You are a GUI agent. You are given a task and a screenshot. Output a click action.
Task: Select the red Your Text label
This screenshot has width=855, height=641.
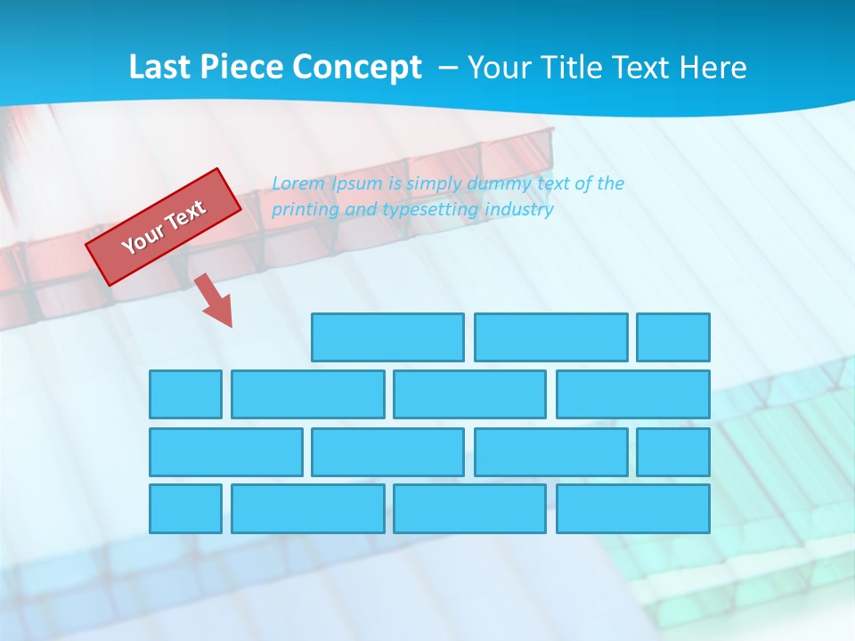(164, 227)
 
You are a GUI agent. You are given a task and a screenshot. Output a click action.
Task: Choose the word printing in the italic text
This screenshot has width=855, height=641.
(305, 210)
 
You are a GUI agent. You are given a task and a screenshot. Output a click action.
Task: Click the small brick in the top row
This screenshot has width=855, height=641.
(673, 337)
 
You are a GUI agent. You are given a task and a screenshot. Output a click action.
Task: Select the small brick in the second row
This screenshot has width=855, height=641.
(185, 394)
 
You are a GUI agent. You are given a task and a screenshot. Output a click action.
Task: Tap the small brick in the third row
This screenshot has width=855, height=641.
(673, 452)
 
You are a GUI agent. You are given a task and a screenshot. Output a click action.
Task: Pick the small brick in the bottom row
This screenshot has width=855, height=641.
(185, 509)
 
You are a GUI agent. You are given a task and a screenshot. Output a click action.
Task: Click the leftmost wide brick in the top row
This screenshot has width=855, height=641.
(387, 337)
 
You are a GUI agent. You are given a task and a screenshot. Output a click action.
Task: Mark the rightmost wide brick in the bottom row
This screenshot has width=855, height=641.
(633, 509)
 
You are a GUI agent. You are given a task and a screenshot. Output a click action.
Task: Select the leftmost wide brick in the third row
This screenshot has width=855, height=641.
(225, 452)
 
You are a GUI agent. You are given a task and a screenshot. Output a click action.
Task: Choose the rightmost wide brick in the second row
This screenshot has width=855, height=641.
(633, 394)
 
